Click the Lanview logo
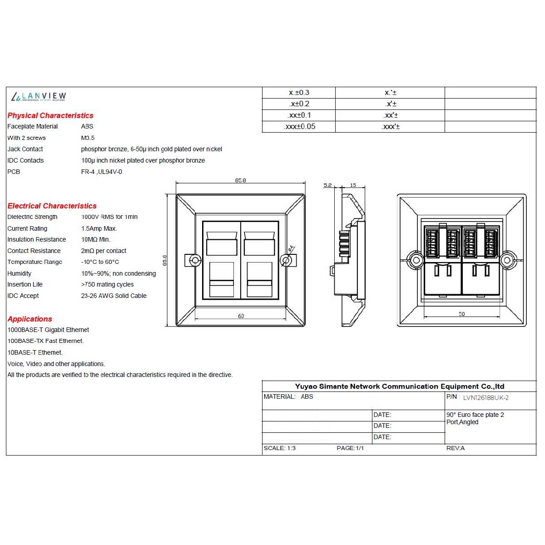[38, 96]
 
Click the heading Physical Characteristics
[50, 115]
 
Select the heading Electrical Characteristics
[52, 206]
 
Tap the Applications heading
[30, 319]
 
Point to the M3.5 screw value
[88, 138]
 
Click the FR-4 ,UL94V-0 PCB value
[101, 172]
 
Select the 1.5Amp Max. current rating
[99, 228]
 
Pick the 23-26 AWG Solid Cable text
[114, 296]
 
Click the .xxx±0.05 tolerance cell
[299, 126]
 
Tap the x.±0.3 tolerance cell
[299, 93]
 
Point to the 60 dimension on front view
[241, 316]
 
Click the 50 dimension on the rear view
[461, 314]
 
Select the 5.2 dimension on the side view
[327, 185]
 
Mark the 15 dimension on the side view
[353, 185]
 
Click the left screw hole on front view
[195, 260]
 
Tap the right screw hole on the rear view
[507, 260]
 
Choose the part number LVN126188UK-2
[486, 398]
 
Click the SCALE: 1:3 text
[280, 448]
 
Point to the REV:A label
[456, 448]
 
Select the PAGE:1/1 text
[350, 448]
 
